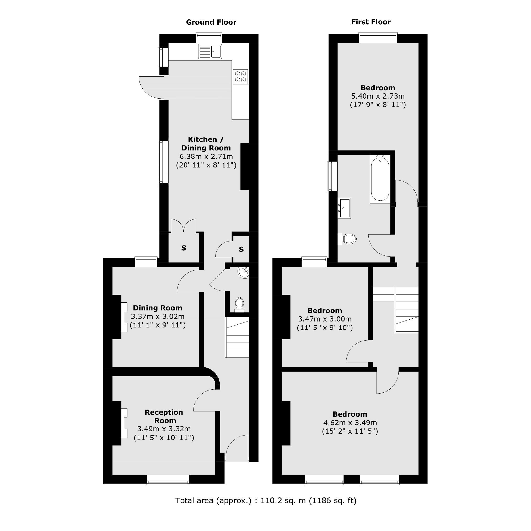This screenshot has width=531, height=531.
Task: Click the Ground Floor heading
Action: [211, 22]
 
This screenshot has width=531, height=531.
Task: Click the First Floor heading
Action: [371, 22]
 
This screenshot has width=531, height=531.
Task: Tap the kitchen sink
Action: [210, 51]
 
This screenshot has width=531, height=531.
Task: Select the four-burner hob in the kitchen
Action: [240, 77]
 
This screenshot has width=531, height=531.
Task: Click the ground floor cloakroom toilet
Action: [239, 304]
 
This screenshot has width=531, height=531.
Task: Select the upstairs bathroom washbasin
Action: [344, 208]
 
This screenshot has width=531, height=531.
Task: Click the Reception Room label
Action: [164, 416]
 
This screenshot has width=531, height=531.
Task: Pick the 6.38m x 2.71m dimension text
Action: [206, 157]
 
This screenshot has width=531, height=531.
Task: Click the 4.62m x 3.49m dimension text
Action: [350, 423]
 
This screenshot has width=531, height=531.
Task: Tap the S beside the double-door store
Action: [184, 248]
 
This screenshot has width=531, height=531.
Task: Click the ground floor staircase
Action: [237, 337]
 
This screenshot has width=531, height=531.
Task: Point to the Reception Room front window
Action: [168, 480]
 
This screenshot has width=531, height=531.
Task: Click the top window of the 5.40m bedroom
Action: [378, 38]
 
